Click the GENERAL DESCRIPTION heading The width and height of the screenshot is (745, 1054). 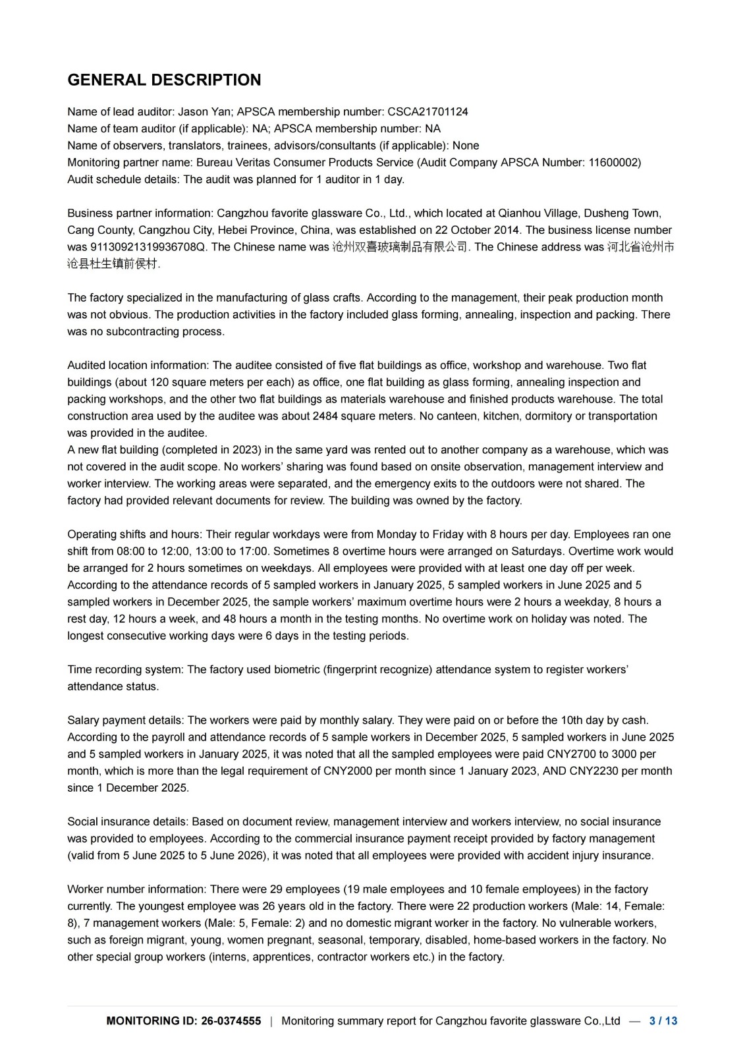[164, 80]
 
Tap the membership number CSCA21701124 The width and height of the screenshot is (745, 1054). [428, 112]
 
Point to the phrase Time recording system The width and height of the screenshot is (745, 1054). [124, 670]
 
